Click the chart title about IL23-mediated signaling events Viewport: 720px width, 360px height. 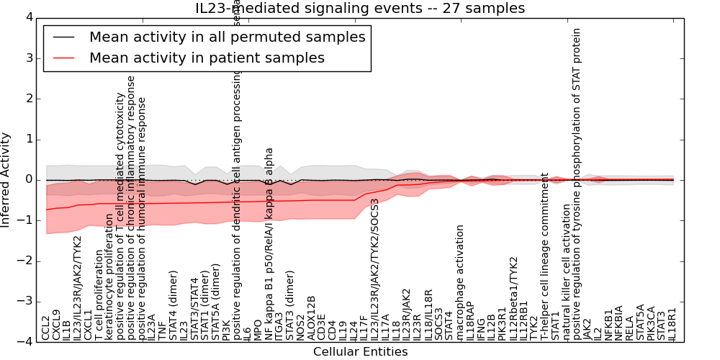click(x=360, y=9)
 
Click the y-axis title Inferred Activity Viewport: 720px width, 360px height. click(x=6, y=179)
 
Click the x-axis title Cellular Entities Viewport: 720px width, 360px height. click(x=360, y=352)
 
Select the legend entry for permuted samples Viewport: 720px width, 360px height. click(x=227, y=37)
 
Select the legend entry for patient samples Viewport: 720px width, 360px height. click(x=207, y=58)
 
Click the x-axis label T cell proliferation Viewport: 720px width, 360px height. click(x=99, y=281)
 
